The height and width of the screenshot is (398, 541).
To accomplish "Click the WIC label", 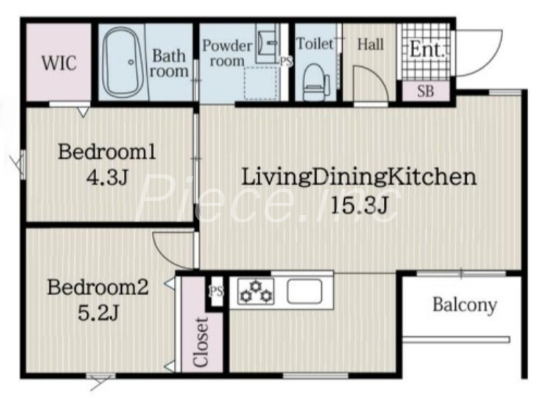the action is (60, 63).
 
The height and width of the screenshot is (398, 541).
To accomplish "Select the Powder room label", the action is (227, 53).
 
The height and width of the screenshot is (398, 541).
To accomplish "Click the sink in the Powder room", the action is (267, 43).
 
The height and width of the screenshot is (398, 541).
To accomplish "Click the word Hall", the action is (370, 45).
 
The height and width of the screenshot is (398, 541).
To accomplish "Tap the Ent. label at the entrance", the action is (427, 49).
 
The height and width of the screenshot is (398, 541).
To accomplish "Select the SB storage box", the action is (426, 91).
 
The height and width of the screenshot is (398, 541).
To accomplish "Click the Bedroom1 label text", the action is (107, 152).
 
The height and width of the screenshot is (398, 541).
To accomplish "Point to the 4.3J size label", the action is (107, 178).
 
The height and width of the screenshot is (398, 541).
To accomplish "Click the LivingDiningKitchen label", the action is (359, 178).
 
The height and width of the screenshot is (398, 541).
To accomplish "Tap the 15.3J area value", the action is (360, 205).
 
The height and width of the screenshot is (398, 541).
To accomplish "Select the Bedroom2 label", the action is (97, 287).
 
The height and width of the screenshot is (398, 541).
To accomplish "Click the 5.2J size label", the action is (98, 313).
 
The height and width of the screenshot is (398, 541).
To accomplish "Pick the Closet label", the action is (201, 342).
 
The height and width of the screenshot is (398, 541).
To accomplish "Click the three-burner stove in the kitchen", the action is (256, 292).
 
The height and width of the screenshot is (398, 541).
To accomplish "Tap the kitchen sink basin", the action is (305, 291).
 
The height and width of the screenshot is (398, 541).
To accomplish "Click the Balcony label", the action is (465, 305).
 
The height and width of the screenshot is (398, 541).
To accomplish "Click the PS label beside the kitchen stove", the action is (216, 292).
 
